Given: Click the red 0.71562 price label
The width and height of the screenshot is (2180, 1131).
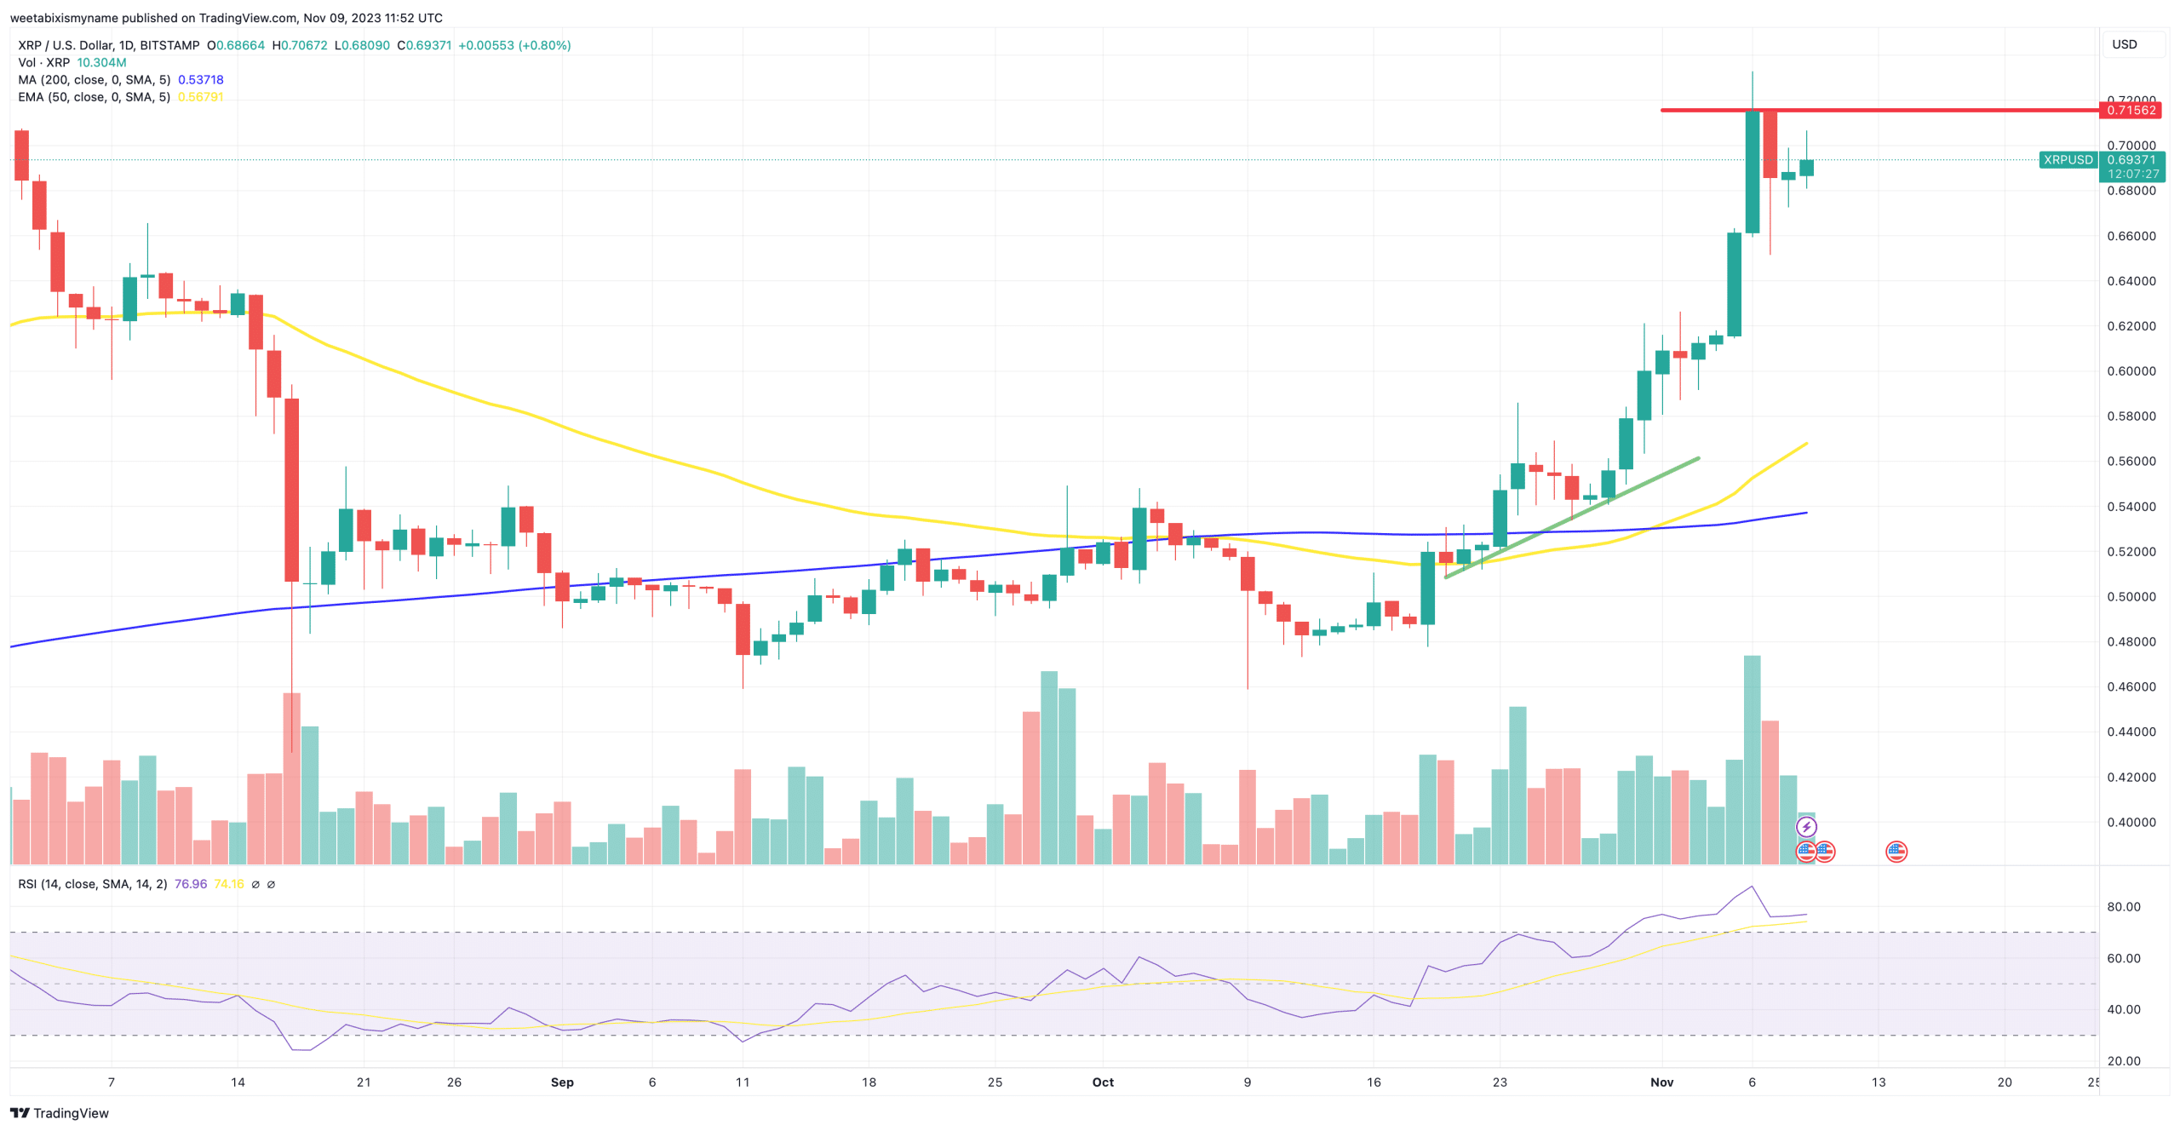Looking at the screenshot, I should pyautogui.click(x=2131, y=110).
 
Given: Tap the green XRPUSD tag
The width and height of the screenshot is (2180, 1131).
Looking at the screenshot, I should pyautogui.click(x=2068, y=160).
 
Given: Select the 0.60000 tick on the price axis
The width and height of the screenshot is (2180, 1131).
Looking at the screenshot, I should pyautogui.click(x=2131, y=371).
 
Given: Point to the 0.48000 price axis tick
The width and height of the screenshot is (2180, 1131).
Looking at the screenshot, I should pyautogui.click(x=2131, y=642).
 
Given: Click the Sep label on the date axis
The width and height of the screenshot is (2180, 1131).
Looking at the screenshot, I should pyautogui.click(x=562, y=1082).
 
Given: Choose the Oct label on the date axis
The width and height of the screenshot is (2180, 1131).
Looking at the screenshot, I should pyautogui.click(x=1103, y=1082).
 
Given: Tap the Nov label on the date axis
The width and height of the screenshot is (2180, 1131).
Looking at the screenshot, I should pyautogui.click(x=1661, y=1082).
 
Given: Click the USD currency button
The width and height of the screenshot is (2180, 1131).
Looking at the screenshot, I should pyautogui.click(x=2124, y=44).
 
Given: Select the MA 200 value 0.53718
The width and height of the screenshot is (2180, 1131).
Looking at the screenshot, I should pyautogui.click(x=201, y=80).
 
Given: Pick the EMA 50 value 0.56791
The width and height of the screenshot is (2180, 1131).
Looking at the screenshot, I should pyautogui.click(x=201, y=97).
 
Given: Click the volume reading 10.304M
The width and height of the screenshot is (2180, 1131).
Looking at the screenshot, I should pyautogui.click(x=101, y=63).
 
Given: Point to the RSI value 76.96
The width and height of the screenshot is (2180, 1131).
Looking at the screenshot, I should pyautogui.click(x=191, y=884).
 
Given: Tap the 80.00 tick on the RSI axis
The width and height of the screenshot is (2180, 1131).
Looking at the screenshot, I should pyautogui.click(x=2123, y=907).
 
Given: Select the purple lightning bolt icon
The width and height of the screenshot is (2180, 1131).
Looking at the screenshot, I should pyautogui.click(x=1806, y=827).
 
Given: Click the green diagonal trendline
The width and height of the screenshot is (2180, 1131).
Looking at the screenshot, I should pyautogui.click(x=1572, y=518).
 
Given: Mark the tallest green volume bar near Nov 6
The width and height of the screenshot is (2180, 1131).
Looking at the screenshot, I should pyautogui.click(x=1752, y=758).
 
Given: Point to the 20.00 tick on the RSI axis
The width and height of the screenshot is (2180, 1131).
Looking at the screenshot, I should pyautogui.click(x=2123, y=1061).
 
